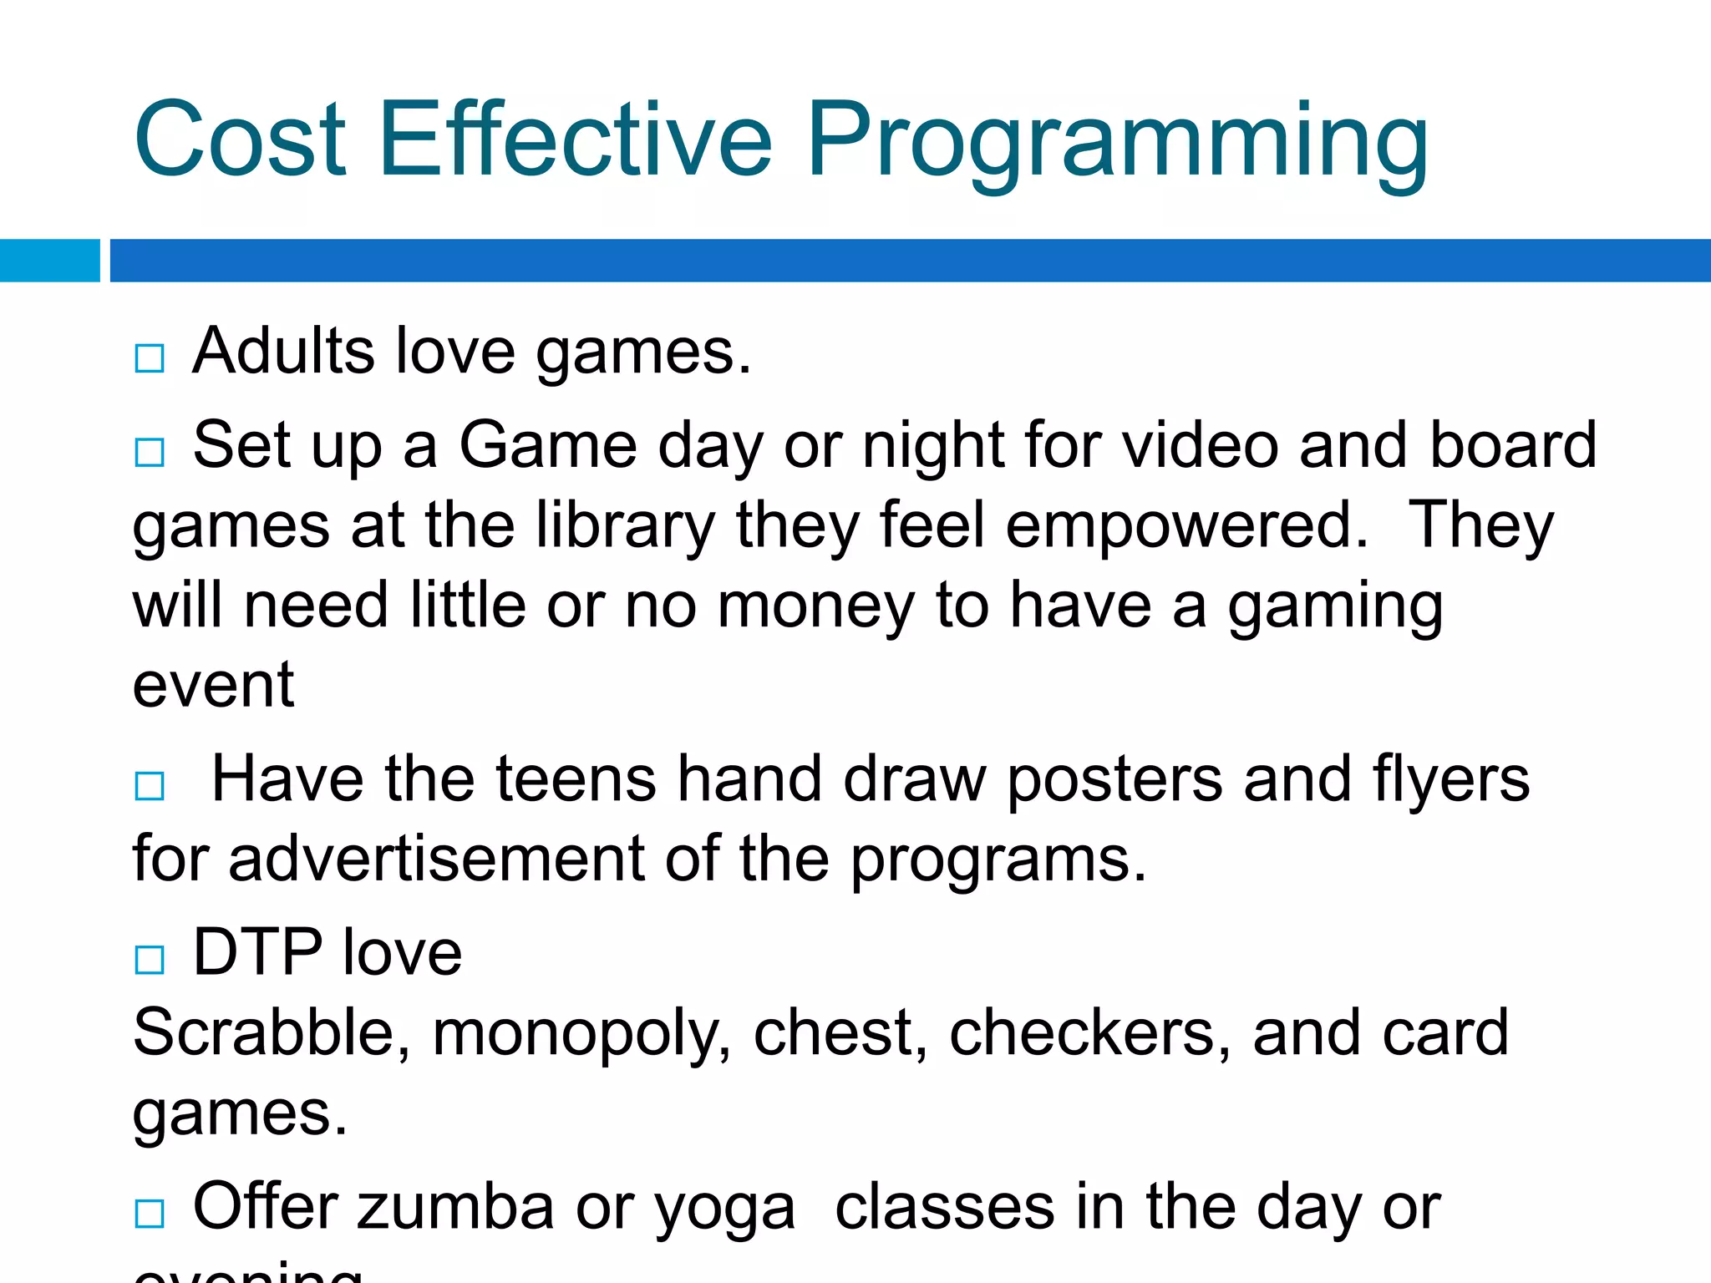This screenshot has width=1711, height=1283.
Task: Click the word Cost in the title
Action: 240,139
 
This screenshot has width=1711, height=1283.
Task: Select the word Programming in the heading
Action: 1117,142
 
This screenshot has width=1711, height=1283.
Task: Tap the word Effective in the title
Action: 576,139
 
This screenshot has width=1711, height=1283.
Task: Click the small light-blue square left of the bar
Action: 49,261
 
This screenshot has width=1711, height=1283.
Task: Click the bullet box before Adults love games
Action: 150,358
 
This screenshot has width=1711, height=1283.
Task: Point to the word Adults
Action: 283,351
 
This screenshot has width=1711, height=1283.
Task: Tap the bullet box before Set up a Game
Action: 150,453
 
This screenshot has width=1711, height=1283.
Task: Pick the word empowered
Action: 1186,526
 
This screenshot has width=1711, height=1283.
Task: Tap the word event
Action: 213,685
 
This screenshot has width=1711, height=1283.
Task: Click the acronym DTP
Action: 257,952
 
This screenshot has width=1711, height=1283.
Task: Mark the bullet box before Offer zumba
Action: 150,1213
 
